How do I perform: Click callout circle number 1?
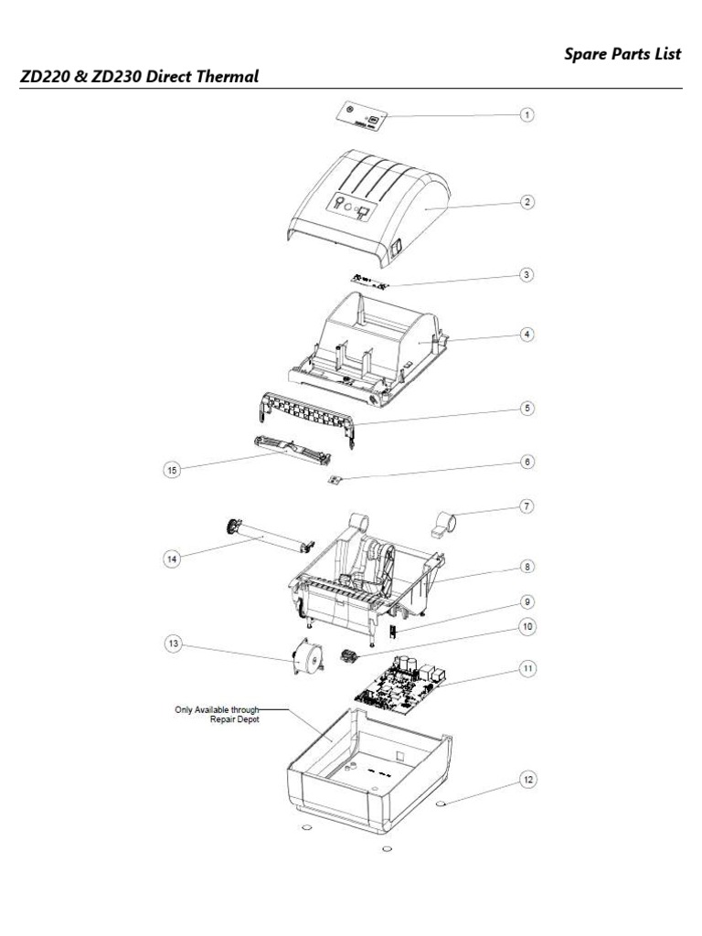click(526, 115)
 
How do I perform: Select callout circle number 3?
click(526, 274)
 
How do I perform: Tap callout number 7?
click(526, 505)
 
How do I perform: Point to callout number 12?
click(526, 780)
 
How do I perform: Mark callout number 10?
click(526, 627)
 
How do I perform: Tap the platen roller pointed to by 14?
click(265, 540)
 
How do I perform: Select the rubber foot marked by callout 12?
click(442, 805)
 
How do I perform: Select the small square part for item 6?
click(335, 480)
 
